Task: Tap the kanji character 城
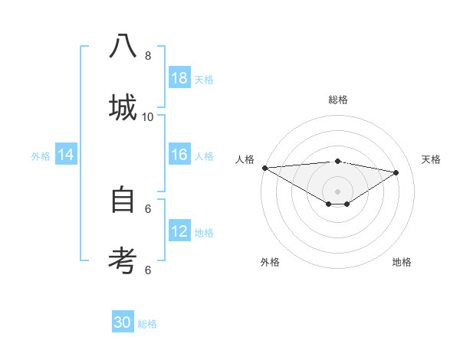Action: click(123, 107)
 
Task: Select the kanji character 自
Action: click(123, 200)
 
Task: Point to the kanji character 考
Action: click(123, 260)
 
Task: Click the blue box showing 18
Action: click(179, 78)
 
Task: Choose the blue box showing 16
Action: click(179, 155)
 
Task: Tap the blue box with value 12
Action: click(179, 232)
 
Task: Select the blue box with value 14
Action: click(66, 155)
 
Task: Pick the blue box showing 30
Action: click(123, 322)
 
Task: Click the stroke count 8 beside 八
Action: click(148, 55)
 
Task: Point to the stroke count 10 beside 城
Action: click(148, 116)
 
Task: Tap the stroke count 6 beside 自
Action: click(148, 208)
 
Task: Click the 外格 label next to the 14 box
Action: click(41, 156)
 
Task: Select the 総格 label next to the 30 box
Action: click(147, 324)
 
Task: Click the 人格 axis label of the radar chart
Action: click(245, 159)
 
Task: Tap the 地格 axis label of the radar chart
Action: click(402, 262)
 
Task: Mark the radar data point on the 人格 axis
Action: click(264, 168)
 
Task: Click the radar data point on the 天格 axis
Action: click(396, 172)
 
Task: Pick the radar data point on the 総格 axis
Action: click(337, 161)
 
